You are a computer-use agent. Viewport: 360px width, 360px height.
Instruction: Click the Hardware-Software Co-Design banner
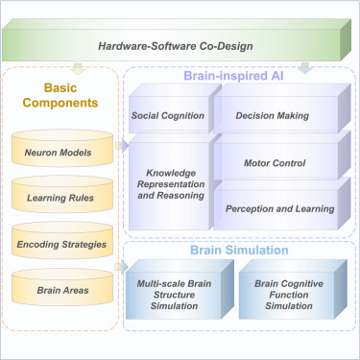(180, 45)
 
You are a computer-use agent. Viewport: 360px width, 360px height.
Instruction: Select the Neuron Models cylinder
(60, 153)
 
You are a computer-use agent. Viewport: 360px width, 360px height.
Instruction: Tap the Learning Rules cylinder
(60, 199)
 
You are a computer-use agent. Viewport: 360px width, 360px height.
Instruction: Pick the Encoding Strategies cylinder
(60, 244)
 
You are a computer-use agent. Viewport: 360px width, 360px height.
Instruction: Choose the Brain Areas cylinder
(60, 289)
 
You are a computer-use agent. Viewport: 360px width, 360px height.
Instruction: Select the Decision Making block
(272, 116)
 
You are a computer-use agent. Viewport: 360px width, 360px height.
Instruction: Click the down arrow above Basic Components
(78, 67)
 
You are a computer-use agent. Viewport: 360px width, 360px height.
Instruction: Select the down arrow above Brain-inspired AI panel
(304, 67)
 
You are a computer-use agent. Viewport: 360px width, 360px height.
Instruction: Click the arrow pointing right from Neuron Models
(121, 146)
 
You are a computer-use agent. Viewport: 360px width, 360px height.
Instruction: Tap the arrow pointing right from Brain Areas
(121, 282)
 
